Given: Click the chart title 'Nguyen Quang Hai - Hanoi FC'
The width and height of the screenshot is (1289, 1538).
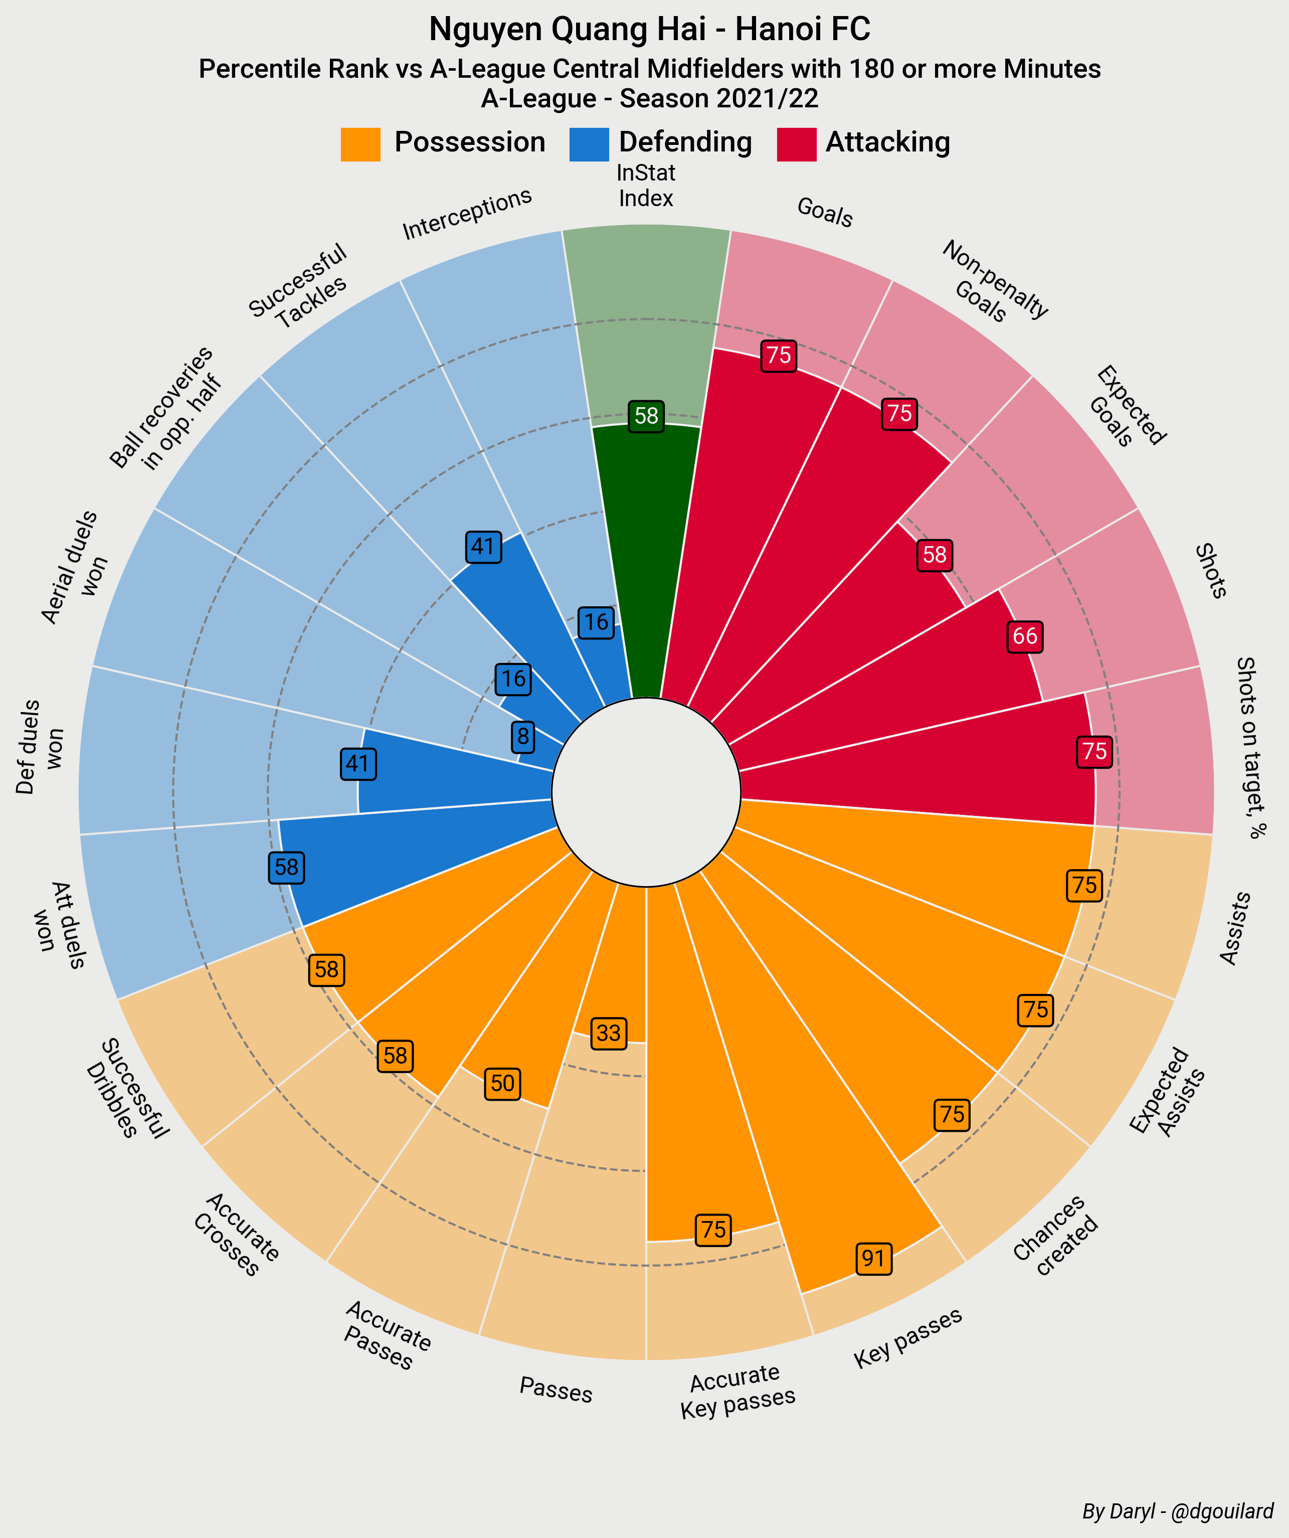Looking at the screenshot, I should (649, 29).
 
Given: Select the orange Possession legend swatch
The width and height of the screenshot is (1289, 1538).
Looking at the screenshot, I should (360, 144).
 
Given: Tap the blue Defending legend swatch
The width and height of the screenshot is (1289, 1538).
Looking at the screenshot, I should (589, 144).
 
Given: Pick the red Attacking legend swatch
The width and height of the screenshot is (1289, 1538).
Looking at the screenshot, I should (796, 144).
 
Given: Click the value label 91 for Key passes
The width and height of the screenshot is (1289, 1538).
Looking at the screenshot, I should (873, 1258).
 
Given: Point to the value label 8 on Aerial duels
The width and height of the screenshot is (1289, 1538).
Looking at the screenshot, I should (523, 735).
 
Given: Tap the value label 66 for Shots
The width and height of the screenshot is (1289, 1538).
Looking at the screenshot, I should (1025, 636).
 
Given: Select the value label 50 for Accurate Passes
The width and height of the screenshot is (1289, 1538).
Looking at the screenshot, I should (502, 1083).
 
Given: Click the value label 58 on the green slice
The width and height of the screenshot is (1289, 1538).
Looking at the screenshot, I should (646, 416).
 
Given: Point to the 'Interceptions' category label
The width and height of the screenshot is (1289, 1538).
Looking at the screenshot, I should (467, 213).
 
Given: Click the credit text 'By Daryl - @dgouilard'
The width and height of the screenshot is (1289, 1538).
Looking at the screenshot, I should (1178, 1511).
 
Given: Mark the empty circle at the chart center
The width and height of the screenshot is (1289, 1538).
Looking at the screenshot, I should (646, 792).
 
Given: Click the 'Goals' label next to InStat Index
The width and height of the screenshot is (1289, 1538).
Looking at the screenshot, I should (825, 213).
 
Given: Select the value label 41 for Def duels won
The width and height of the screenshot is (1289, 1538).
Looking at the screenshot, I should (358, 764).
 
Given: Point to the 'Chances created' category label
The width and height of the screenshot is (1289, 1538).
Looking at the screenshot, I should (1056, 1236).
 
